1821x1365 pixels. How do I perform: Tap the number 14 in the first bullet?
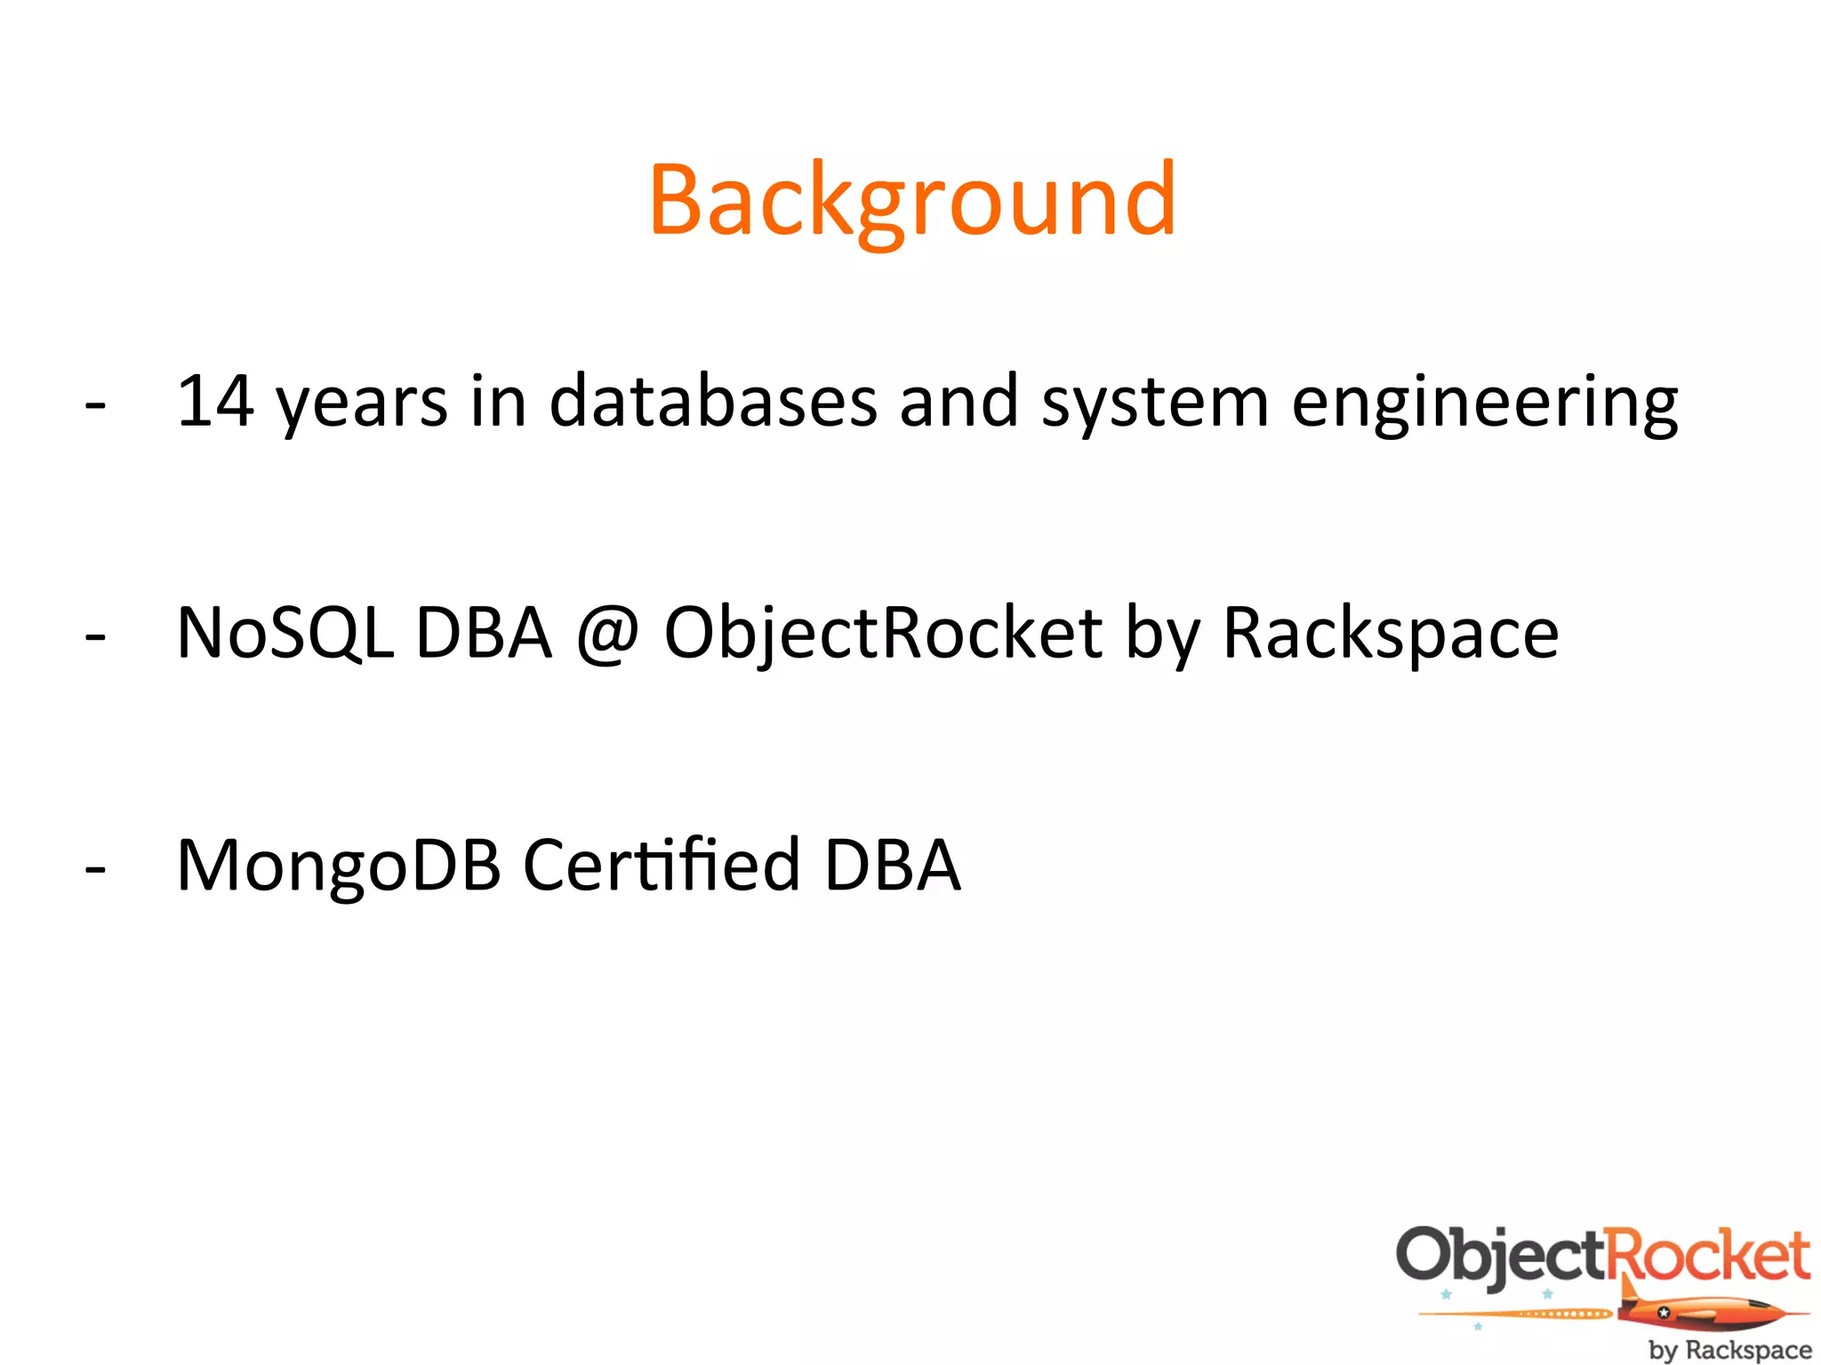coord(215,402)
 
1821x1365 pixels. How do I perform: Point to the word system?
coord(1155,404)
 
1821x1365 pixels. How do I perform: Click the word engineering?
coord(1484,404)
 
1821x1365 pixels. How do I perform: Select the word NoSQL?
coord(285,634)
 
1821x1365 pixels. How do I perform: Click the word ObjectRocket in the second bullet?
coord(883,634)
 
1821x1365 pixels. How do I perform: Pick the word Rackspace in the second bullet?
coord(1391,634)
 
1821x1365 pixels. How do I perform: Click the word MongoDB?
coord(339,866)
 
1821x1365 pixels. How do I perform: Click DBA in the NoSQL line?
coord(484,634)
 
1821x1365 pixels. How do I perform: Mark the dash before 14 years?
coord(95,406)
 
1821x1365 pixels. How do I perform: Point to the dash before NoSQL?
coord(95,637)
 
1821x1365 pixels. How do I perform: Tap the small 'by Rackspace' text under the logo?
coord(1729,1350)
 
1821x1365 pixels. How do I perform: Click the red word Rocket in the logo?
coord(1708,1255)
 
